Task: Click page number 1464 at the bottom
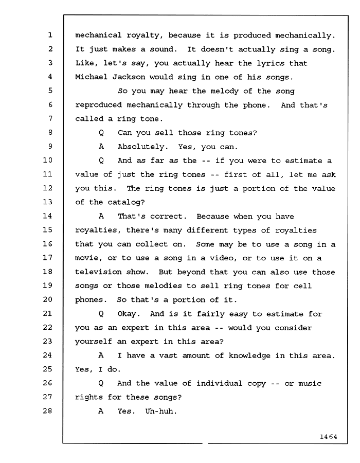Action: (328, 437)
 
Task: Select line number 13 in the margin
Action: (47, 202)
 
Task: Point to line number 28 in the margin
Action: (47, 411)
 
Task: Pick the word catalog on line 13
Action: (126, 202)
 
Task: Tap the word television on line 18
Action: (98, 272)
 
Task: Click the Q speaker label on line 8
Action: (101, 133)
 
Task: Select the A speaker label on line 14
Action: (101, 216)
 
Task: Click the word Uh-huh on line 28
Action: (161, 411)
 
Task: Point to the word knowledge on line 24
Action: (249, 356)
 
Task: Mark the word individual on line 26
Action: (219, 383)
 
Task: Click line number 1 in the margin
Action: (50, 35)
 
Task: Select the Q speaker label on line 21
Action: (101, 314)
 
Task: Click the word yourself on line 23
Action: (94, 342)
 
